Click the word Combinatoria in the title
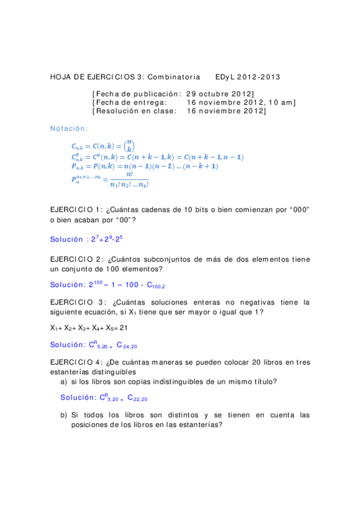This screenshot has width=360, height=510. point(174,78)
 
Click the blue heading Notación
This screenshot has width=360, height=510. point(69,128)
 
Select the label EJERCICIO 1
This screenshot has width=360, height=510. point(76,209)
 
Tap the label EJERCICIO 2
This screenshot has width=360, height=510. point(76,259)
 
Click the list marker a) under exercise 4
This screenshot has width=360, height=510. point(63,381)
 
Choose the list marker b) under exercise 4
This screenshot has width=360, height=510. point(63,415)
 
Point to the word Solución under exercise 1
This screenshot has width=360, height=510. point(66,239)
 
